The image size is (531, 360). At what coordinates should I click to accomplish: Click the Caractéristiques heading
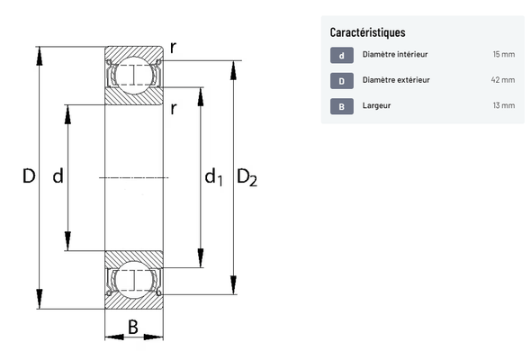click(x=367, y=32)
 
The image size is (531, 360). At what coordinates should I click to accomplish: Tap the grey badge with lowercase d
click(x=342, y=55)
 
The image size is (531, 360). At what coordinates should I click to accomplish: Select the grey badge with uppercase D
click(x=342, y=81)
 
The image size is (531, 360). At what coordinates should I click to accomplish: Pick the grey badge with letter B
click(x=342, y=106)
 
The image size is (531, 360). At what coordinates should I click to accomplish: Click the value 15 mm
click(x=504, y=54)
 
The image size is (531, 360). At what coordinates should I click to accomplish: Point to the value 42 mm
click(x=503, y=80)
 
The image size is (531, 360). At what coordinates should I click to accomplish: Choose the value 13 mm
click(x=504, y=105)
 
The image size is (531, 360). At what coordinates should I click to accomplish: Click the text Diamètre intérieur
click(x=395, y=54)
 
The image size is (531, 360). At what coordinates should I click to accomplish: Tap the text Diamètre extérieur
click(x=396, y=80)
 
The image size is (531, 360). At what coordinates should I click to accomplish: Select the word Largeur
click(x=376, y=105)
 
